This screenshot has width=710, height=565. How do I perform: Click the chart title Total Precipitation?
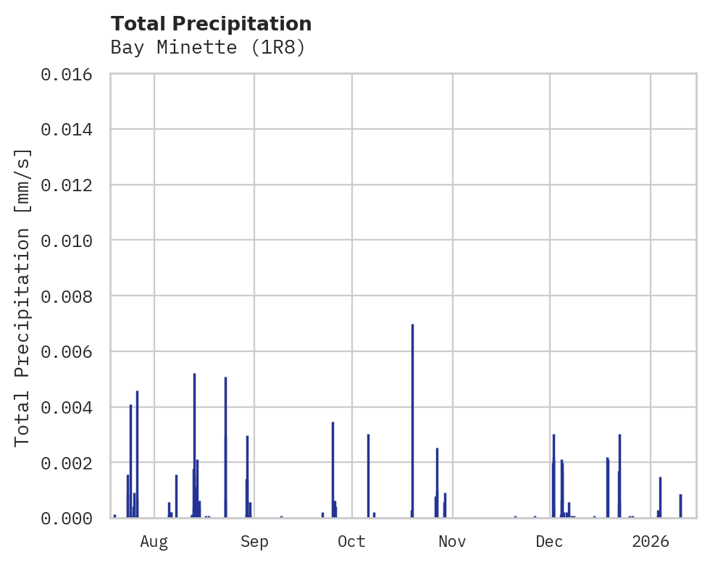pyautogui.click(x=212, y=24)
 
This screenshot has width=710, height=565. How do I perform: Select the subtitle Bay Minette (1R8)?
pyautogui.click(x=208, y=48)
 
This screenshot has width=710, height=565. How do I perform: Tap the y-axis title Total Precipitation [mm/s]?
pyautogui.click(x=22, y=297)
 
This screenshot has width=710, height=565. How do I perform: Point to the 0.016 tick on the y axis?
pyautogui.click(x=71, y=75)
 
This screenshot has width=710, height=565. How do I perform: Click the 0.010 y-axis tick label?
pyautogui.click(x=71, y=240)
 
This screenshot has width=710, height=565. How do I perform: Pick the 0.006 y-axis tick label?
pyautogui.click(x=71, y=351)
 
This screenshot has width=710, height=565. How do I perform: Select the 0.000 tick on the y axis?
pyautogui.click(x=71, y=518)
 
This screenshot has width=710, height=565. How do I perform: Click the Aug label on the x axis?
pyautogui.click(x=154, y=542)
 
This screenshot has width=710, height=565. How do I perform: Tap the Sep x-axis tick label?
pyautogui.click(x=254, y=542)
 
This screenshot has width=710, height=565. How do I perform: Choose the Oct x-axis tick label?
pyautogui.click(x=351, y=542)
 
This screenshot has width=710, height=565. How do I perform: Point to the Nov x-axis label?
pyautogui.click(x=452, y=542)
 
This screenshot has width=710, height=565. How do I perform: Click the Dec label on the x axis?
pyautogui.click(x=550, y=542)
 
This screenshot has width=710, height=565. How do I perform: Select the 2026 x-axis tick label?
pyautogui.click(x=651, y=542)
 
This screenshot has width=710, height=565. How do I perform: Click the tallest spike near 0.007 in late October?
pyautogui.click(x=412, y=420)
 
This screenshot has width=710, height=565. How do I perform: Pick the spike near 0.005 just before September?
pyautogui.click(x=225, y=445)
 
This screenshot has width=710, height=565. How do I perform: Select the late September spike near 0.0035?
pyautogui.click(x=333, y=469)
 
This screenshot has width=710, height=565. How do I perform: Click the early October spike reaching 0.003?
pyautogui.click(x=368, y=475)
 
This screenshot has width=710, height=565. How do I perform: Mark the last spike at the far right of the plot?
pyautogui.click(x=680, y=506)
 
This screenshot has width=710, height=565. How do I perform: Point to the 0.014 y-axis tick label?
pyautogui.click(x=71, y=130)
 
